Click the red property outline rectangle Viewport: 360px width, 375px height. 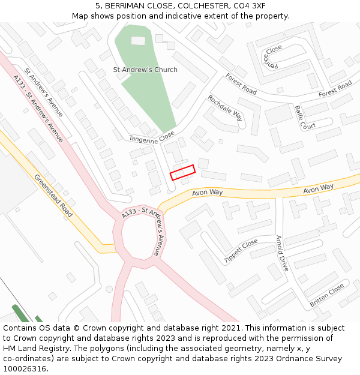point(182,172)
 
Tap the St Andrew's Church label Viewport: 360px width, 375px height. point(145,70)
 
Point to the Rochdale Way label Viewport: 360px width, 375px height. point(225,107)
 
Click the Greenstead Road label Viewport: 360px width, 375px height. point(53,196)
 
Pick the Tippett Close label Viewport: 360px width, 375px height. point(241,250)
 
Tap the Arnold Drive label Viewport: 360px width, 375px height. point(282,253)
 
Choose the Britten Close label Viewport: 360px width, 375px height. point(327,295)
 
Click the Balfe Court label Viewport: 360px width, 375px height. point(305,118)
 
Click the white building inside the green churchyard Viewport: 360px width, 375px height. point(138,41)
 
